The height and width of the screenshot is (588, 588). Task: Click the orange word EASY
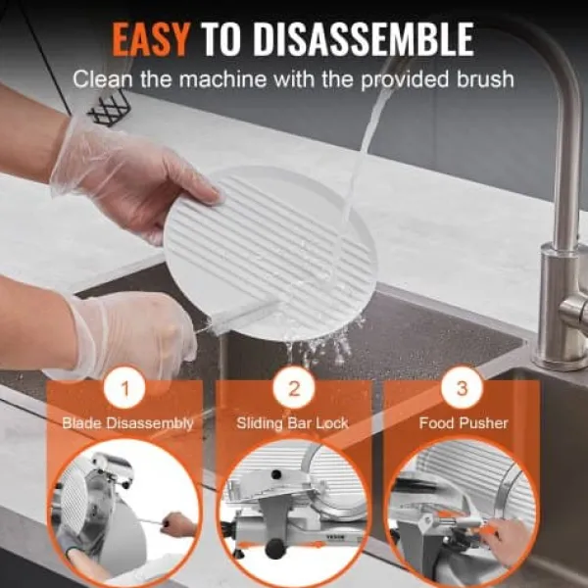click(150, 39)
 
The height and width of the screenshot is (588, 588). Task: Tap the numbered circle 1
click(124, 389)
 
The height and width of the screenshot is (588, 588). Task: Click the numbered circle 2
click(294, 389)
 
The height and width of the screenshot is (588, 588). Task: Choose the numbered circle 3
click(462, 389)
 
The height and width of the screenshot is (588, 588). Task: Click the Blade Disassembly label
click(127, 423)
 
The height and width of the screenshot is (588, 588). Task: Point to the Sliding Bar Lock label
click(293, 423)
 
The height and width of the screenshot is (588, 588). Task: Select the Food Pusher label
click(464, 423)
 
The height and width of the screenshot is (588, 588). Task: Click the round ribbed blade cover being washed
click(270, 251)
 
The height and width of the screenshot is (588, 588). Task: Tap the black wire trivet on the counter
click(109, 109)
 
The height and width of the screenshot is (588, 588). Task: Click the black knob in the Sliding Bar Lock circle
click(274, 549)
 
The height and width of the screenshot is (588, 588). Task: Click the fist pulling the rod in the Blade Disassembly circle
click(177, 523)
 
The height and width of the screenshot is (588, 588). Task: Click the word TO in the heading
click(220, 39)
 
